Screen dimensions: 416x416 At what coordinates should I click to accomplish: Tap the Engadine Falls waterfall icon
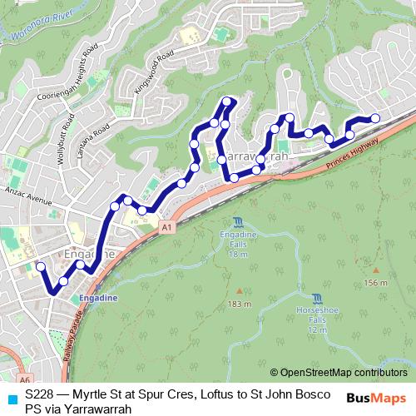tap(239, 221)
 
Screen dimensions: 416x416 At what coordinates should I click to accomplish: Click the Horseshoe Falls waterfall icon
tap(317, 299)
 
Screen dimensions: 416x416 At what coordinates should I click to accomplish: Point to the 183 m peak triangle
tap(239, 290)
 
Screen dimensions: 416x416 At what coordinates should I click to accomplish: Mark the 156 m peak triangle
tap(376, 270)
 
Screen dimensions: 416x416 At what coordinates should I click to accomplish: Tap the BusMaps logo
tap(374, 398)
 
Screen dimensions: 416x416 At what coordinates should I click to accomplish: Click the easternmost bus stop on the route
tap(375, 118)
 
